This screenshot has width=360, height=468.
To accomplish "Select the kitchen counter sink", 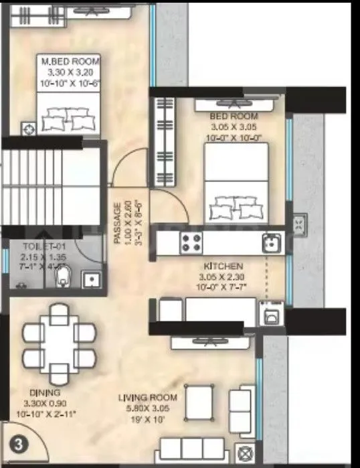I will coord(271,242).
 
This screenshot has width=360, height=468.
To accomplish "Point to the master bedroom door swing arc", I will coord(127,165).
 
